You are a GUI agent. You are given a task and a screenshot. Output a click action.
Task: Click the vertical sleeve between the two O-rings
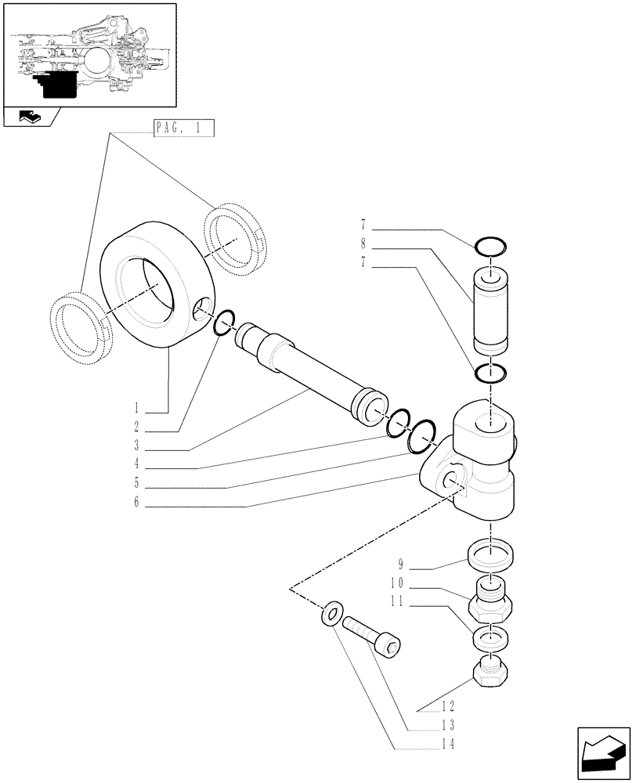(x=490, y=309)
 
